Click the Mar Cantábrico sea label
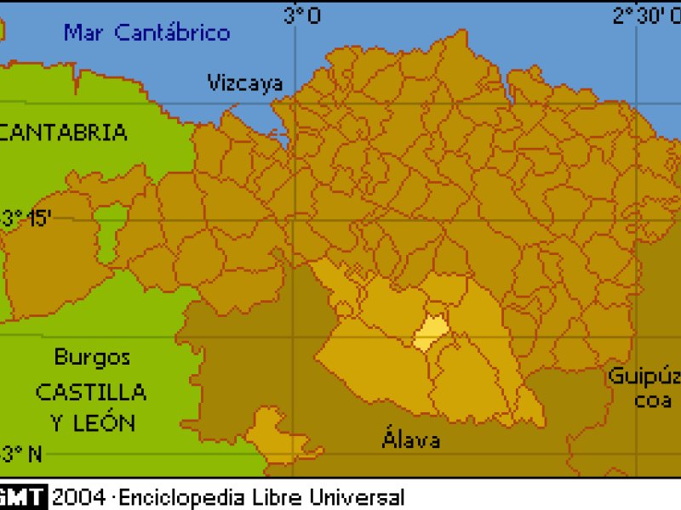pyautogui.click(x=147, y=33)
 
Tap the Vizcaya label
pyautogui.click(x=245, y=82)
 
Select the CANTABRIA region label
pyautogui.click(x=65, y=132)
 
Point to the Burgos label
pyautogui.click(x=92, y=357)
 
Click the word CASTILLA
pyautogui.click(x=91, y=392)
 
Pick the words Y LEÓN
pyautogui.click(x=93, y=422)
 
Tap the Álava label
pyautogui.click(x=411, y=439)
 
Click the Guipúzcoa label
pyautogui.click(x=644, y=388)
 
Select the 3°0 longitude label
pyautogui.click(x=302, y=14)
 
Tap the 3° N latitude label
pyautogui.click(x=22, y=454)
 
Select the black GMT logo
pyautogui.click(x=23, y=497)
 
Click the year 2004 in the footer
pyautogui.click(x=78, y=497)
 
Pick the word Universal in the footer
pyautogui.click(x=358, y=497)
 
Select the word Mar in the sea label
pyautogui.click(x=85, y=33)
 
